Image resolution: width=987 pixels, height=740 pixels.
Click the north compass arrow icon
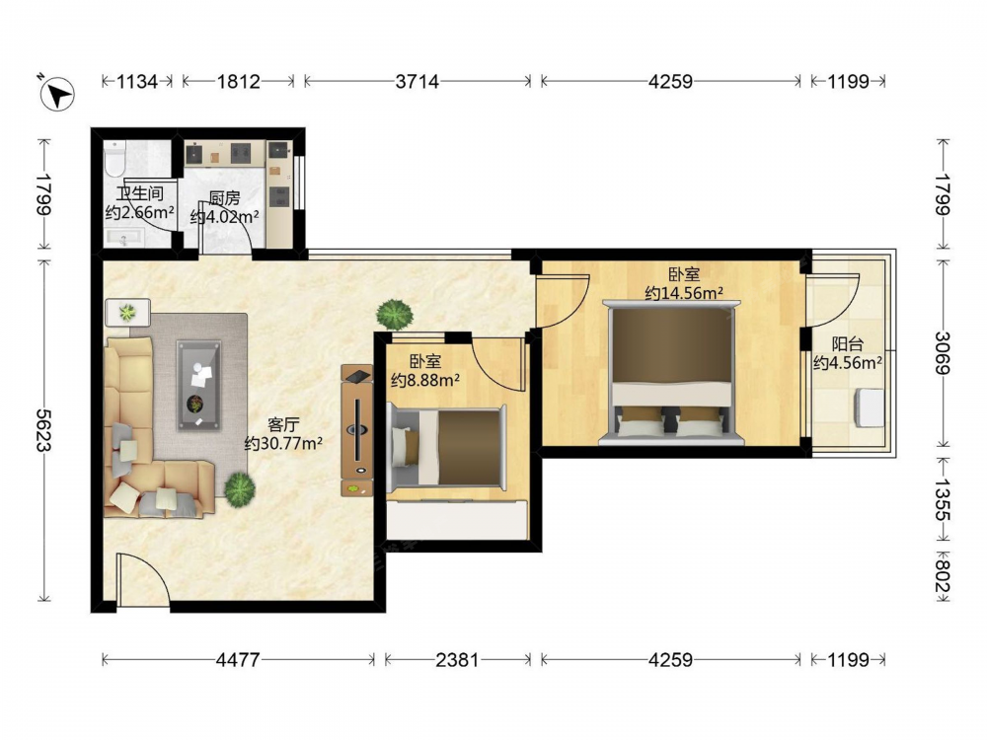[57, 94]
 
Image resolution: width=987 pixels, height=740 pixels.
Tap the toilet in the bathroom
[115, 158]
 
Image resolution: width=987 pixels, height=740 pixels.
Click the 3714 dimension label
[418, 82]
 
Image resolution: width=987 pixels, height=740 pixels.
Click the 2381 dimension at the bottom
[458, 660]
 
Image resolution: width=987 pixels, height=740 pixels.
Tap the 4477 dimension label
[237, 660]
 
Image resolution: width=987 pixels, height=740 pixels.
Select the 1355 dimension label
[943, 500]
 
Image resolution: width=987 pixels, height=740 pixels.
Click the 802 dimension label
[943, 576]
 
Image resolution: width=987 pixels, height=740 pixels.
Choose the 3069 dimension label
[943, 353]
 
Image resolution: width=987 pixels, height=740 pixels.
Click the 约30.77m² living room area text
[284, 444]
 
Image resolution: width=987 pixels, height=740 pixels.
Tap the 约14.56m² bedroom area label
[684, 293]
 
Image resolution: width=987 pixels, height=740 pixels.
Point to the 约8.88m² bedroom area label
[424, 380]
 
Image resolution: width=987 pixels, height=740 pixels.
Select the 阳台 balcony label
[847, 344]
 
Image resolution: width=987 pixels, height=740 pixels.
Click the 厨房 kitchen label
[225, 199]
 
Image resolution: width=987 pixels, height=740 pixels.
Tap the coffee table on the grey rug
[199, 385]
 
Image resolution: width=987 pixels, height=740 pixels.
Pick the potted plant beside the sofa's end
[240, 487]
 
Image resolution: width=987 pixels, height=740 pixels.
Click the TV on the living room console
[357, 430]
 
